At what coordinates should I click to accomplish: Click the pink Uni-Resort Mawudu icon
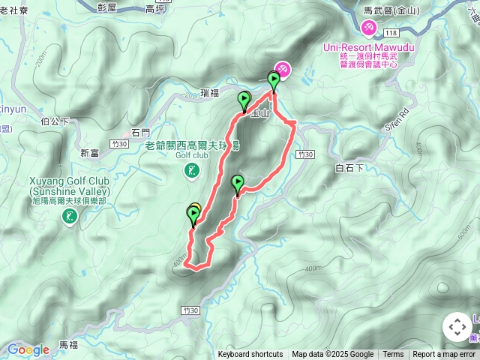368,28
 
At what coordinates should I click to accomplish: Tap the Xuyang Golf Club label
69,181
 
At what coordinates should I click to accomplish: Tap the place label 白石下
350,168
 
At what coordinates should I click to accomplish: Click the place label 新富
89,152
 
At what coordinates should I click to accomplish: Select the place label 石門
141,132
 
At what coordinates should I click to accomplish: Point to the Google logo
28,349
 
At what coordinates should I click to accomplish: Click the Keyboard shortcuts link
250,355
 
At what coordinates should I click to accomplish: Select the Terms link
393,355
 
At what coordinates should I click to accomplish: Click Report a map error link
444,355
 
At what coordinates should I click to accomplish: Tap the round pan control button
457,327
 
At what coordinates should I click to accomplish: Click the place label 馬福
68,344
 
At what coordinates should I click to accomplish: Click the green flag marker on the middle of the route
238,183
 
